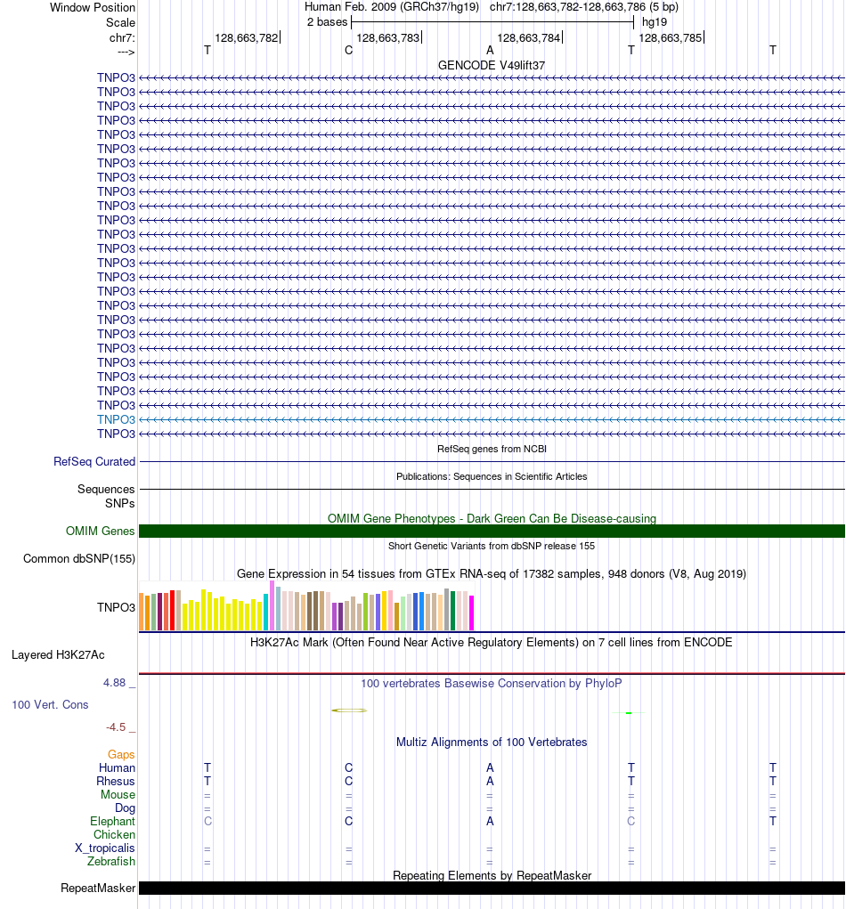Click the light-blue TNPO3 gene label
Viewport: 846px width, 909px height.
pos(116,419)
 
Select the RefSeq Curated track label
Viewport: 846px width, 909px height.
pos(94,462)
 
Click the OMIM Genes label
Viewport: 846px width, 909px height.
pos(101,532)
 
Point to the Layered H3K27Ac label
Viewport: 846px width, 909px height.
pos(58,655)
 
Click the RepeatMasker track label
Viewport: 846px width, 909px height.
pos(98,889)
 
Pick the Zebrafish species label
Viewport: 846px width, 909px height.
pos(111,862)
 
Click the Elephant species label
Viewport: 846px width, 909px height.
pos(112,822)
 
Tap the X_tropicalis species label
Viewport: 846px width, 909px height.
pos(105,848)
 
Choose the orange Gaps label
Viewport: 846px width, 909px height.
pos(121,755)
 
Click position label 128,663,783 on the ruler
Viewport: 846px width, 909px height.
pos(387,38)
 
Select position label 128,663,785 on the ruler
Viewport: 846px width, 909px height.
pos(670,38)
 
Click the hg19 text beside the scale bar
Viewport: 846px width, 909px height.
pos(655,21)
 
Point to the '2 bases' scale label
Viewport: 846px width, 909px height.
pos(328,21)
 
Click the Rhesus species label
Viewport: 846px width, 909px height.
pos(116,782)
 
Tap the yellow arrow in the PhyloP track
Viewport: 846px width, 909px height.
pos(349,710)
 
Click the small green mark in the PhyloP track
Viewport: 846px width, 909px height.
pos(629,713)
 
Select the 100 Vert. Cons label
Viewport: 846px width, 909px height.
pos(50,705)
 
